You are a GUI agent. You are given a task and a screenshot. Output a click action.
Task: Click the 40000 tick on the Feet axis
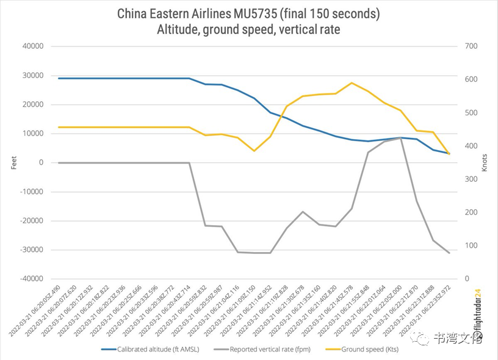(x=34, y=46)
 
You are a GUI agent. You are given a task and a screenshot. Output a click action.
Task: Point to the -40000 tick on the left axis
(x=32, y=279)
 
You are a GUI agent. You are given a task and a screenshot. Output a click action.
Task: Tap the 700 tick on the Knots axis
(x=471, y=46)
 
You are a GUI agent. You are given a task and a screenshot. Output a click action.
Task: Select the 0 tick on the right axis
(x=466, y=279)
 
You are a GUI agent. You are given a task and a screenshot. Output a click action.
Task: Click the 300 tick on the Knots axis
(x=471, y=179)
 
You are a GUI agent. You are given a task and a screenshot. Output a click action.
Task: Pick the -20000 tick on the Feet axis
(x=32, y=221)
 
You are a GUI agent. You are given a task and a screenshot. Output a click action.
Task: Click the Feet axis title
(x=14, y=162)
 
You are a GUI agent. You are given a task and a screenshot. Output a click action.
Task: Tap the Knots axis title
(x=485, y=162)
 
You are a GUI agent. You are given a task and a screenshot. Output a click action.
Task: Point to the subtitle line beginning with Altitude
(x=248, y=29)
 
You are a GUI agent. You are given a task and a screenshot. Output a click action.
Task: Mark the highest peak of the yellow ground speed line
(x=352, y=83)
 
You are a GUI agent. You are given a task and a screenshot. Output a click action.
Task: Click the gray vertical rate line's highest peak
(x=400, y=139)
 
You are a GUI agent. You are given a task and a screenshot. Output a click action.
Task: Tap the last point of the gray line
(x=449, y=253)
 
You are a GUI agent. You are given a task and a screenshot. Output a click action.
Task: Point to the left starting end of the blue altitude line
(x=59, y=78)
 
